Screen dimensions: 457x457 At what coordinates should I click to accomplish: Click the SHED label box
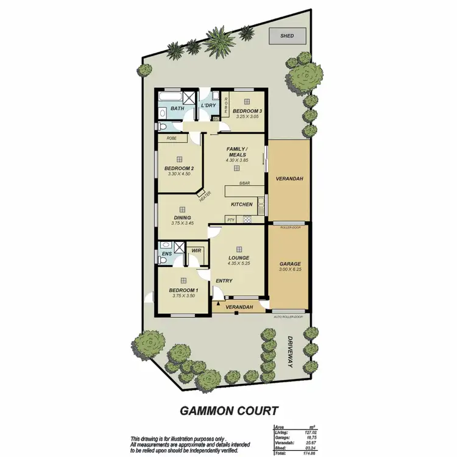pos(287,36)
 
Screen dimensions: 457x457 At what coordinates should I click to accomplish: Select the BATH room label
pos(177,108)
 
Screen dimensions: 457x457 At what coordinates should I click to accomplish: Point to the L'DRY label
pos(208,106)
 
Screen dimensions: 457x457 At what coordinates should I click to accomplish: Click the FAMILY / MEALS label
pos(236,152)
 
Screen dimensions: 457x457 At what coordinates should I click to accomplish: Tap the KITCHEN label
pos(241,204)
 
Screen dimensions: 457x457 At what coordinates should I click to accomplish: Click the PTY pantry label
pos(231,220)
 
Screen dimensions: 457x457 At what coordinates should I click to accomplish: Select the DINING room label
pos(182,218)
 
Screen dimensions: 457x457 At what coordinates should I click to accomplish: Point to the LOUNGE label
pos(238,258)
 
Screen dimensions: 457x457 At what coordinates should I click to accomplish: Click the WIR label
pos(196,250)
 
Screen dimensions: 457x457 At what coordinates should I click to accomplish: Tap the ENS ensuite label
pos(166,253)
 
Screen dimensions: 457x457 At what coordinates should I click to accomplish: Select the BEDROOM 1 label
pos(182,290)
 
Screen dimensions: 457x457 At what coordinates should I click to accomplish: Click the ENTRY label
pos(224,280)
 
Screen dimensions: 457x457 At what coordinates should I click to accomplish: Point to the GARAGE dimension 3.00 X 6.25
pos(289,270)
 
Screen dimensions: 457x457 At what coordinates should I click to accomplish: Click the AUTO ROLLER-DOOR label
pos(289,317)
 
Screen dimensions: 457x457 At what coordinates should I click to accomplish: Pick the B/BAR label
pos(245,183)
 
